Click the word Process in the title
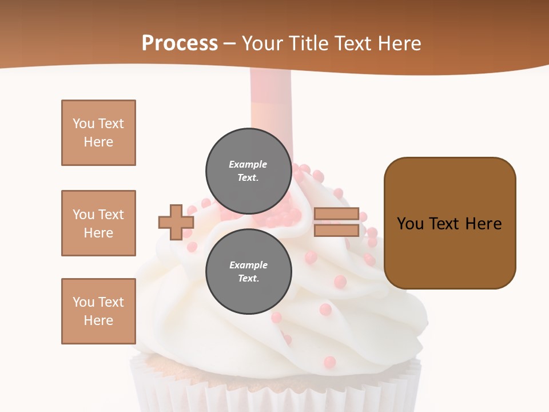(180, 43)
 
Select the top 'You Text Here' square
(98, 133)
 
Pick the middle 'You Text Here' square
(98, 223)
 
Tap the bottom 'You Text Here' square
(98, 311)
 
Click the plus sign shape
(176, 222)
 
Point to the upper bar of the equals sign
(336, 214)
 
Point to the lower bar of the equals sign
(336, 230)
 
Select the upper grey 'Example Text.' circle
(248, 171)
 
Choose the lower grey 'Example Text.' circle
(248, 271)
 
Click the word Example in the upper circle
(248, 164)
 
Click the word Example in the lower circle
(248, 265)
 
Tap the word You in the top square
(83, 124)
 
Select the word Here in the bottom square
(98, 320)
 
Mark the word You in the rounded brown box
(410, 224)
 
